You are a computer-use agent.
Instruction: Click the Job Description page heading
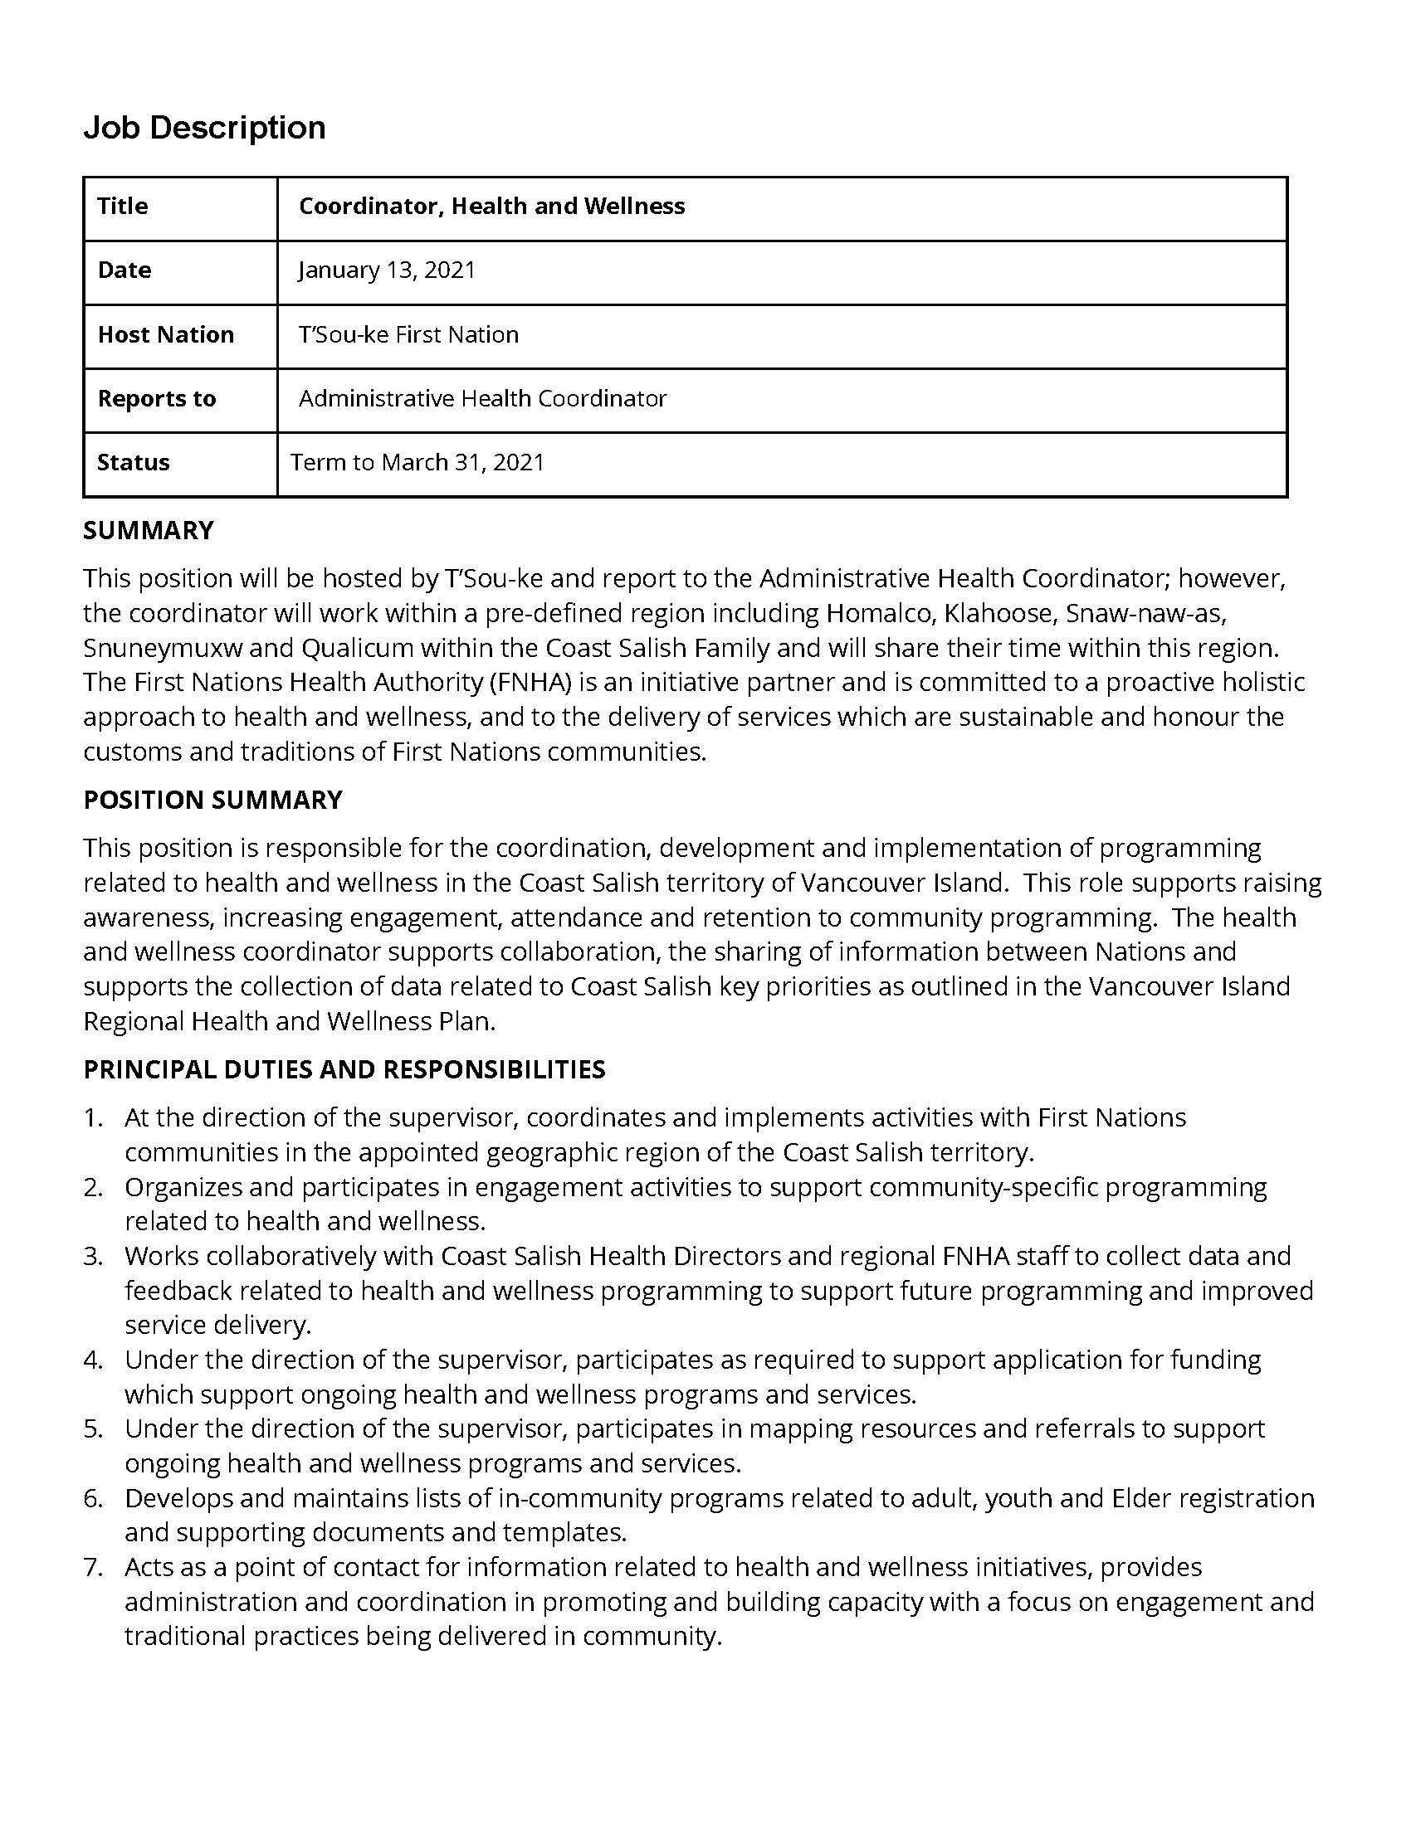click(x=204, y=128)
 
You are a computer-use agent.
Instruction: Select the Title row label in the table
click(x=122, y=207)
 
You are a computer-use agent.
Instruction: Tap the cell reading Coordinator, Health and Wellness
click(x=491, y=207)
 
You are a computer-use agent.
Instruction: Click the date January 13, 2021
click(x=386, y=270)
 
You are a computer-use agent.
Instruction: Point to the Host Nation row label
click(x=165, y=334)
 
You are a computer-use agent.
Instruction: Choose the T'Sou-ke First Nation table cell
click(x=408, y=334)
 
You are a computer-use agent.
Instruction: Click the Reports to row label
click(x=156, y=398)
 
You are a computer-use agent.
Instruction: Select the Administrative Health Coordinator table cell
click(x=482, y=398)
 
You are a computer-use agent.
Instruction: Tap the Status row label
click(x=133, y=462)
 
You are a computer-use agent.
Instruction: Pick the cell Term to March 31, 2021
click(x=417, y=462)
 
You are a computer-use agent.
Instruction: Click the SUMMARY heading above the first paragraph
click(x=148, y=531)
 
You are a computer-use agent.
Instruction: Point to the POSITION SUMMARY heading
click(x=212, y=800)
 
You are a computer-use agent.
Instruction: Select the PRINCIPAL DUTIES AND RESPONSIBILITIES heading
click(x=344, y=1069)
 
